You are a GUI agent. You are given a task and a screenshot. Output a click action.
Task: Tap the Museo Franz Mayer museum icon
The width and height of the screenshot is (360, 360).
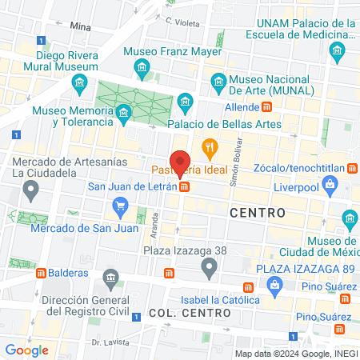pyautogui.click(x=142, y=65)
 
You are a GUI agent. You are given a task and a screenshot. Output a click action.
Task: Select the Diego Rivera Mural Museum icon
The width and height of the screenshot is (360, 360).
pyautogui.click(x=78, y=82)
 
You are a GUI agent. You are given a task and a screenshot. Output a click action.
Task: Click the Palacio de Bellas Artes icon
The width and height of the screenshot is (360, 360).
pyautogui.click(x=186, y=102)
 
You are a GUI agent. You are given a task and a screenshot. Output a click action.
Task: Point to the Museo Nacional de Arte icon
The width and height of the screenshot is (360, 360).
pyautogui.click(x=218, y=80)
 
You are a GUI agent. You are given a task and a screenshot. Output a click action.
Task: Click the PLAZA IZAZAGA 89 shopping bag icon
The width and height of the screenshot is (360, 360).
pyautogui.click(x=274, y=285)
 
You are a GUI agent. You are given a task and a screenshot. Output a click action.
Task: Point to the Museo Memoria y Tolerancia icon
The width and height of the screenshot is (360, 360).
pyautogui.click(x=123, y=114)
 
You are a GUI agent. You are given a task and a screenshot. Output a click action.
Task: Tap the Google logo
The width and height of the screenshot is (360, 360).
pyautogui.click(x=26, y=350)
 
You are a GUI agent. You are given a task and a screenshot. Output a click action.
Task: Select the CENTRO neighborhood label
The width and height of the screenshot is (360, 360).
pyautogui.click(x=257, y=213)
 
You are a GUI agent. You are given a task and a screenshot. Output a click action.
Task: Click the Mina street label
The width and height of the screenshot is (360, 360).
pyautogui.click(x=81, y=26)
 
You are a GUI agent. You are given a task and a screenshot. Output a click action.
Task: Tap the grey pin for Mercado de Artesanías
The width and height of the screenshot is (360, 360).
pyautogui.click(x=30, y=191)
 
